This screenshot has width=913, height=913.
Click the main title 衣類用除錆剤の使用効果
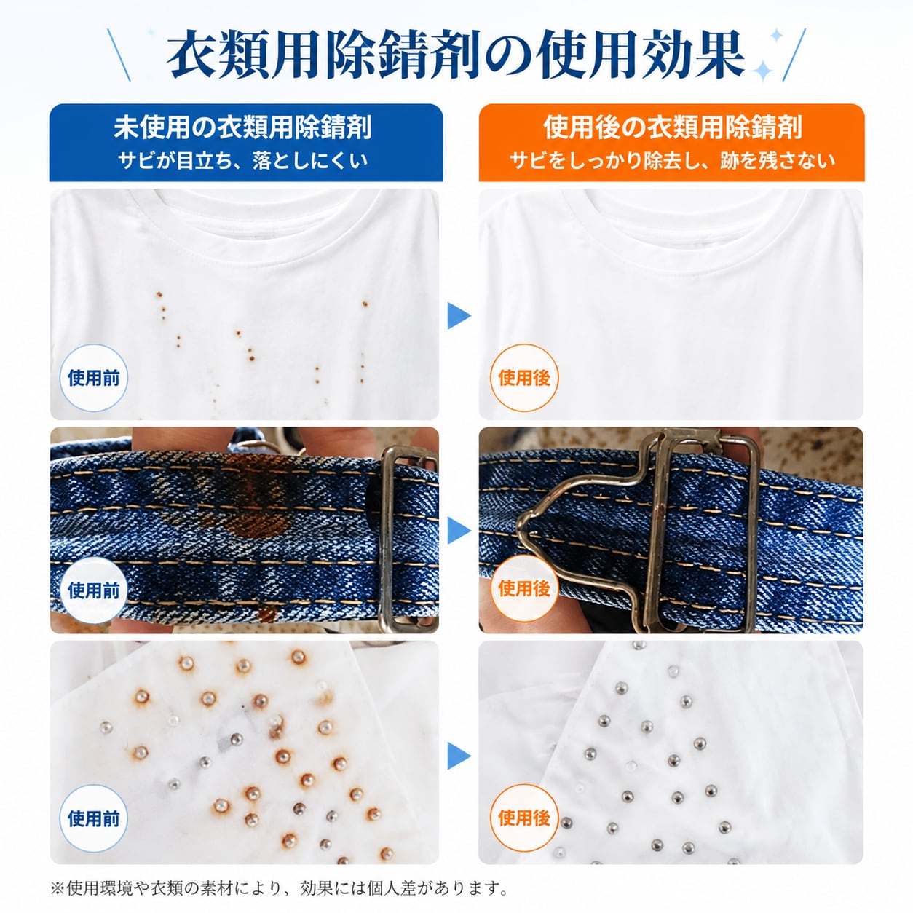tap(455, 55)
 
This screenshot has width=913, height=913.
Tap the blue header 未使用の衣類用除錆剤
tap(242, 127)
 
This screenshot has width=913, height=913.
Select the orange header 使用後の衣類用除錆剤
tap(672, 127)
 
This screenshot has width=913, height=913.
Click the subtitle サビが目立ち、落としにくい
tap(242, 161)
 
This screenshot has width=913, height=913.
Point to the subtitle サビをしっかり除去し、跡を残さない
tap(672, 161)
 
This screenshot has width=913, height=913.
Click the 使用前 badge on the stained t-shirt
tap(93, 378)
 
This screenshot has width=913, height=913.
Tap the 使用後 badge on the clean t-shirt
tap(524, 378)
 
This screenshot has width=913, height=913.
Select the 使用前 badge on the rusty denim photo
tap(93, 590)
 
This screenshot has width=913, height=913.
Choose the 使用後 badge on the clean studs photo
tap(524, 818)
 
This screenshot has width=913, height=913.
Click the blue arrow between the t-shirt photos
tap(459, 315)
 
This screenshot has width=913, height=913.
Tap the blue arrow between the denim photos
tap(459, 530)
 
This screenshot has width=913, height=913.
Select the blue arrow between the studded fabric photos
tap(459, 756)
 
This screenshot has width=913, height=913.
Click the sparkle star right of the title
tap(763, 71)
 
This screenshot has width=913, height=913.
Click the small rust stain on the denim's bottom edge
tap(266, 614)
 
